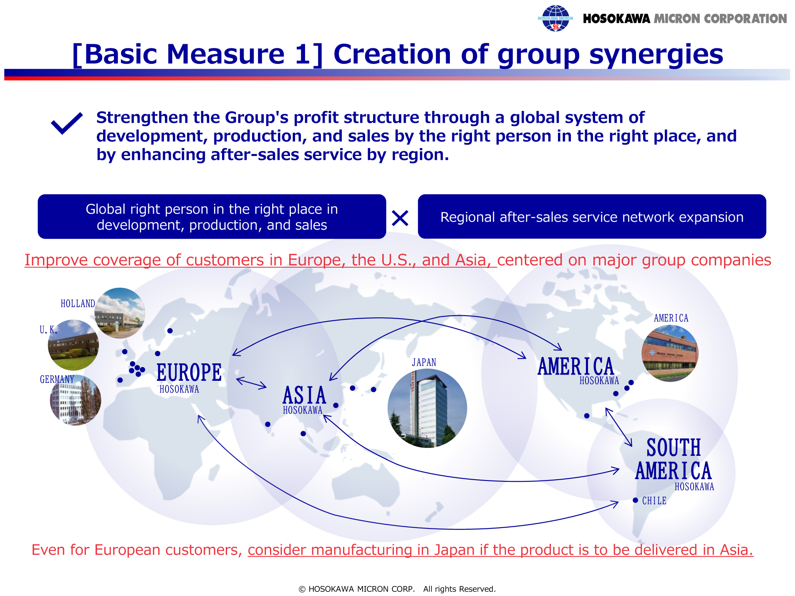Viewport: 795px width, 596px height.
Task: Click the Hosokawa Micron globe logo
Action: pyautogui.click(x=555, y=18)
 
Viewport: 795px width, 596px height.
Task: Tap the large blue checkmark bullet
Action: pyautogui.click(x=67, y=123)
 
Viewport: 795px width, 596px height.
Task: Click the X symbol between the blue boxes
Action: pyautogui.click(x=400, y=218)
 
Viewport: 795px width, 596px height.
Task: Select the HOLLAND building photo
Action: pyautogui.click(x=120, y=313)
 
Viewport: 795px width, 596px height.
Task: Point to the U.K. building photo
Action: pyautogui.click(x=73, y=345)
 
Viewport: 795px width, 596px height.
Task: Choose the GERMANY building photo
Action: pyautogui.click(x=76, y=400)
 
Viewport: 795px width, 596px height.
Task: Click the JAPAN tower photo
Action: pyautogui.click(x=427, y=408)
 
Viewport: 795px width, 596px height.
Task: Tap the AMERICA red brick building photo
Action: pyautogui.click(x=670, y=353)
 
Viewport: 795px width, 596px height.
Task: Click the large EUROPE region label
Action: pyautogui.click(x=189, y=372)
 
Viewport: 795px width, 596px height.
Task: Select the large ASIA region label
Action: pyautogui.click(x=305, y=395)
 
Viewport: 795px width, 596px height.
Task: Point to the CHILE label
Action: pyautogui.click(x=654, y=500)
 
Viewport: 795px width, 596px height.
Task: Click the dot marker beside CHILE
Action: pyautogui.click(x=635, y=500)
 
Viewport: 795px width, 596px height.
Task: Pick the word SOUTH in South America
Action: pyautogui.click(x=674, y=448)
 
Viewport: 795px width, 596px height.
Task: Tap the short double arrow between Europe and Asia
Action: pyautogui.click(x=251, y=383)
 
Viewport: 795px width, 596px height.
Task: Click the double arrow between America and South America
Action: pyautogui.click(x=618, y=427)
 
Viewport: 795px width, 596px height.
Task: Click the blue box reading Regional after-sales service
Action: pyautogui.click(x=592, y=216)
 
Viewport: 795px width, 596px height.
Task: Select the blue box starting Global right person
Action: pyautogui.click(x=212, y=216)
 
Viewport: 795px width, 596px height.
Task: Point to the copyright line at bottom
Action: pyautogui.click(x=397, y=589)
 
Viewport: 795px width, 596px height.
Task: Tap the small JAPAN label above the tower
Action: pyautogui.click(x=424, y=362)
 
